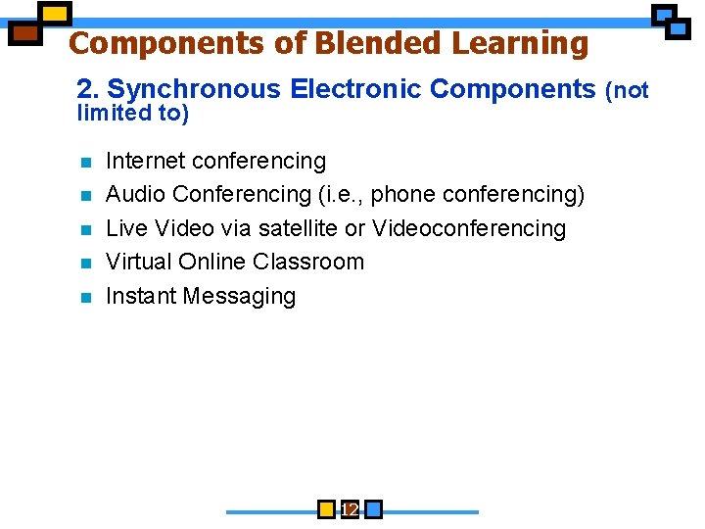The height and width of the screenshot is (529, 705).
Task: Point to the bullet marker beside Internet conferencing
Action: pos(85,162)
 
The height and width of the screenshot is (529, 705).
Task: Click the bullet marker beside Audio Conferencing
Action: pos(85,196)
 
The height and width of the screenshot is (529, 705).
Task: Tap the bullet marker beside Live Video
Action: pos(85,229)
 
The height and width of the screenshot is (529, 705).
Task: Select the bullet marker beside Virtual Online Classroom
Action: pos(85,263)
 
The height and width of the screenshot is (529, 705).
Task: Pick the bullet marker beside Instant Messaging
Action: pos(85,297)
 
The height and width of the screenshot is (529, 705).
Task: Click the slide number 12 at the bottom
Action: pos(350,509)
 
